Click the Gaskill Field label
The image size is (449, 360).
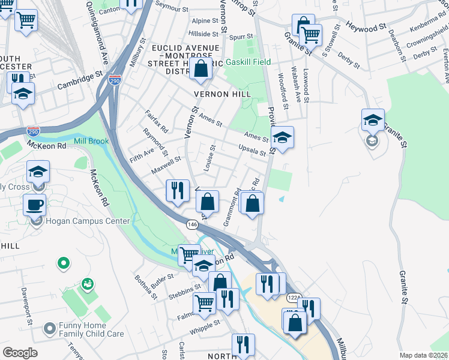click(248, 62)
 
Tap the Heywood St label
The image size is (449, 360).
click(366, 28)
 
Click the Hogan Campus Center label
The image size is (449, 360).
click(87, 221)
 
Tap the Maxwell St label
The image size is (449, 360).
click(166, 162)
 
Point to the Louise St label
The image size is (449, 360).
click(209, 158)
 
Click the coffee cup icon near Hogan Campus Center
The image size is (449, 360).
click(35, 204)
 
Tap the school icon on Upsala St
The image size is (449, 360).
click(282, 137)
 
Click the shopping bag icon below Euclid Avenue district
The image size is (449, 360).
click(201, 69)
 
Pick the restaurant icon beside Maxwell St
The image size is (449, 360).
click(178, 191)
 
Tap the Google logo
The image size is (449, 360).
click(20, 353)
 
